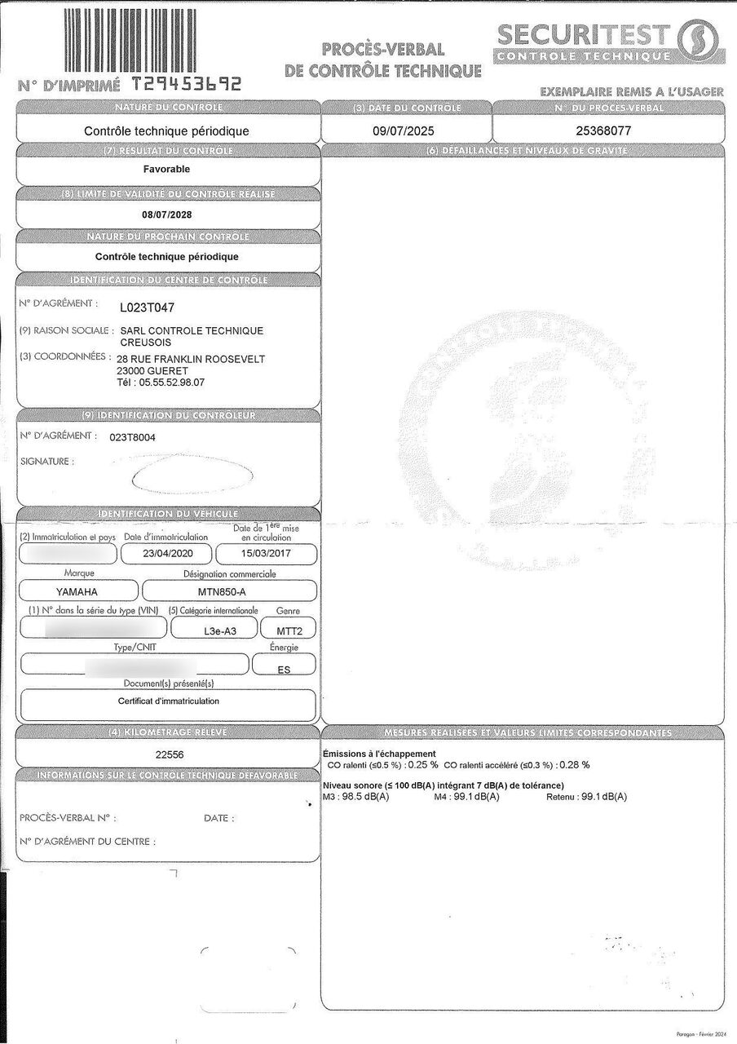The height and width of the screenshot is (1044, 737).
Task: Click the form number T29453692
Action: tap(187, 84)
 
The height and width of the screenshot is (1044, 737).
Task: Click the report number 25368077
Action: tap(604, 130)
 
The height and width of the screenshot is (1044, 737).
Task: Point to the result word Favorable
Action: tap(166, 169)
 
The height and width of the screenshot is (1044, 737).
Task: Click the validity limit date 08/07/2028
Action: tap(166, 215)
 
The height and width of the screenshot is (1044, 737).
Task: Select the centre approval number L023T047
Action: tap(148, 307)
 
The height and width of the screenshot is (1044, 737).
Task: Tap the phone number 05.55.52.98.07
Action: tap(173, 382)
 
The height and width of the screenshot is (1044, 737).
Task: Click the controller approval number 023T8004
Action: tap(132, 437)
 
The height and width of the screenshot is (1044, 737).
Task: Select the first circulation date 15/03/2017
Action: tap(266, 553)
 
